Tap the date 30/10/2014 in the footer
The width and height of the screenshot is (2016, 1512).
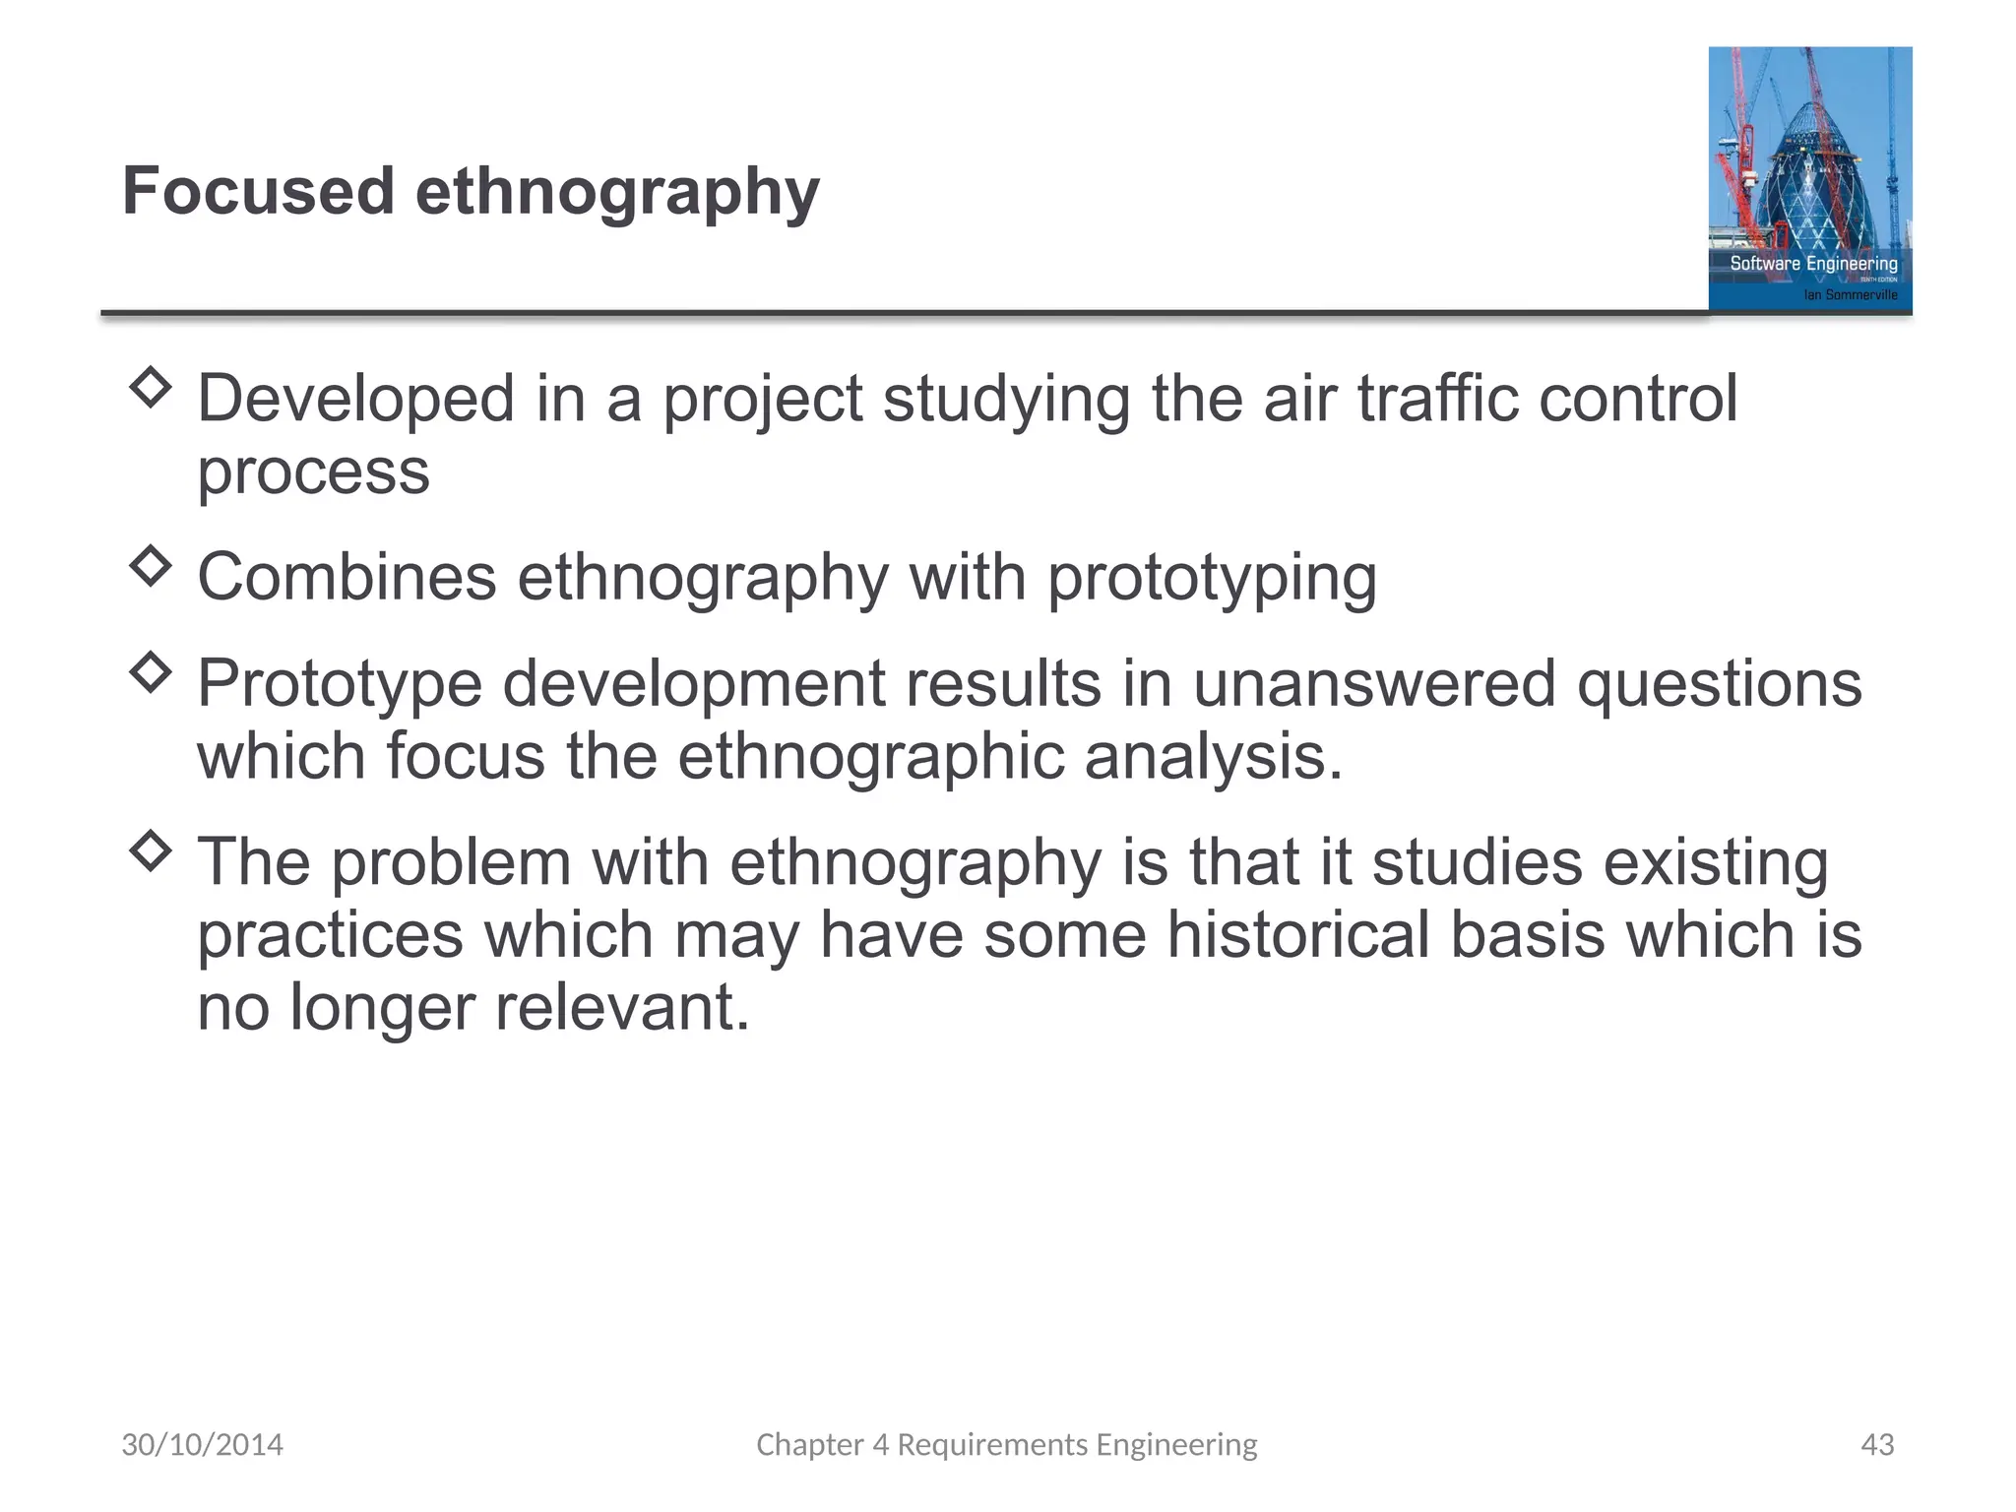pyautogui.click(x=202, y=1444)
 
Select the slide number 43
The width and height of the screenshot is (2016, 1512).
pyautogui.click(x=1877, y=1444)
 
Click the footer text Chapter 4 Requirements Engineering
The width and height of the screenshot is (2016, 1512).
pyautogui.click(x=1006, y=1444)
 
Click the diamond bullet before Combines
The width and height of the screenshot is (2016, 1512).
pyautogui.click(x=151, y=566)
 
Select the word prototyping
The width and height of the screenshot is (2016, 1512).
pyautogui.click(x=1211, y=579)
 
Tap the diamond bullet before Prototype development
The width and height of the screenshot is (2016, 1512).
pyautogui.click(x=151, y=673)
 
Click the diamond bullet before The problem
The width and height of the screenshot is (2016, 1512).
pyautogui.click(x=151, y=851)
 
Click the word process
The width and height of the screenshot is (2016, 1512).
pyautogui.click(x=313, y=472)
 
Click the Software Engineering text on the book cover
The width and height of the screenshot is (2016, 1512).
pyautogui.click(x=1813, y=264)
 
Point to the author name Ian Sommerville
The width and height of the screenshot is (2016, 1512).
pyautogui.click(x=1850, y=295)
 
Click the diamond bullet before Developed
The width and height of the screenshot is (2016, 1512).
pyautogui.click(x=151, y=388)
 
